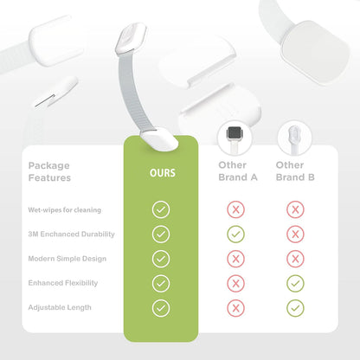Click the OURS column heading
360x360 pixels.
tap(163, 173)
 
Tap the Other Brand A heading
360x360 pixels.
tap(238, 171)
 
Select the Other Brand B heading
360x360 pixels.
tap(295, 171)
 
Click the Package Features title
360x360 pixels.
tap(49, 171)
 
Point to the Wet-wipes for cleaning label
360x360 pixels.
tap(65, 210)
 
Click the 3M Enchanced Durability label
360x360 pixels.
tap(71, 234)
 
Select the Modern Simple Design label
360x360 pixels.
tap(67, 259)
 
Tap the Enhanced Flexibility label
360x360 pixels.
tap(63, 283)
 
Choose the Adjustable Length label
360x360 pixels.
tap(60, 307)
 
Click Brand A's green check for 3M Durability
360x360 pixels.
tap(235, 235)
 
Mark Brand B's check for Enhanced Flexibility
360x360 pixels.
tap(295, 284)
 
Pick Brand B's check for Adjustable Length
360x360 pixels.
tap(295, 308)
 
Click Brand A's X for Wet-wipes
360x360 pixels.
tap(235, 209)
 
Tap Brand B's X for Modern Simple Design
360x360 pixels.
tap(295, 259)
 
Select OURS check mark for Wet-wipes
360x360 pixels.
tap(161, 209)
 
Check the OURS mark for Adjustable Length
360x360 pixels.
tap(161, 308)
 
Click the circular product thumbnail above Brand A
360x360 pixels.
tap(235, 138)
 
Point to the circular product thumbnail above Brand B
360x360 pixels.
tap(294, 138)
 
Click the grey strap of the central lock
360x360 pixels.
tap(130, 93)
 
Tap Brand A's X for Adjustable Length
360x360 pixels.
tap(235, 308)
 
